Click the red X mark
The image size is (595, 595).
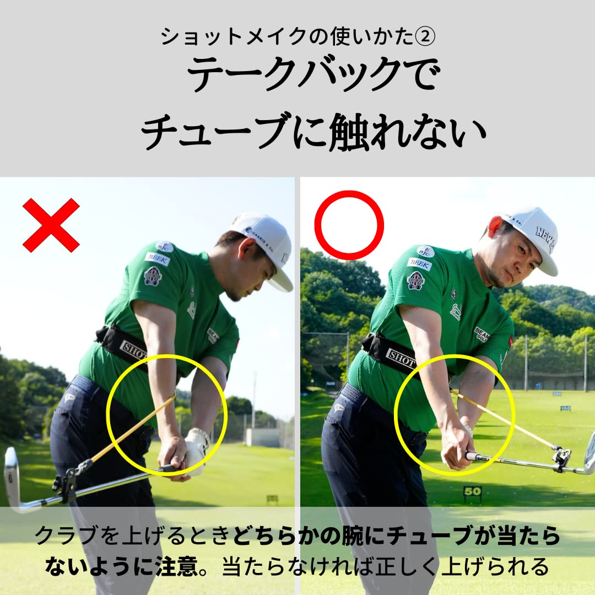[x=51, y=225]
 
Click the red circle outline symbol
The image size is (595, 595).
[x=349, y=225]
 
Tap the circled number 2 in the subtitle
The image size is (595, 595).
[x=425, y=37]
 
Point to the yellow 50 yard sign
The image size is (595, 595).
[x=472, y=491]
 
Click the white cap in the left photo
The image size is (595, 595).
[x=265, y=243]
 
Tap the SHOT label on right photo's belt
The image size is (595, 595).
[x=401, y=357]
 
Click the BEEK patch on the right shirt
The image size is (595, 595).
[x=420, y=264]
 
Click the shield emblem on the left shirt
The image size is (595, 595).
[x=152, y=276]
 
